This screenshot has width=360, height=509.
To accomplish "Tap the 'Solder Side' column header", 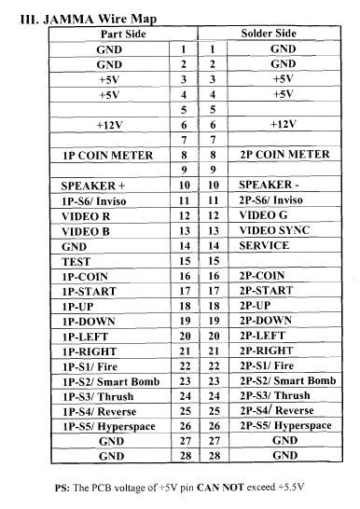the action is pos(269,33).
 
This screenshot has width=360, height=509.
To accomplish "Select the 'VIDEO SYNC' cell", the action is pos(272,230).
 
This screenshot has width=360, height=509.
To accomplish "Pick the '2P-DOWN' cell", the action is pos(266,321).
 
